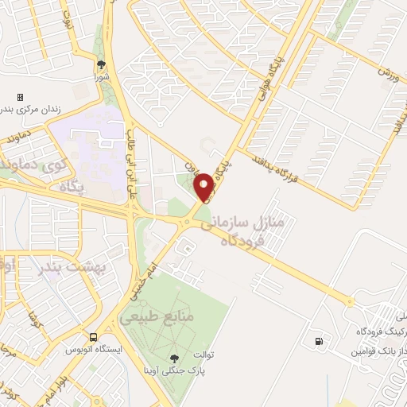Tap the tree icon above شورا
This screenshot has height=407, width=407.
101,65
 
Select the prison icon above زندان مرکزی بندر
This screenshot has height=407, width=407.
20,97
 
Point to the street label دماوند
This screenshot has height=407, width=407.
15,138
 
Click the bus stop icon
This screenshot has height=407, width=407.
94,337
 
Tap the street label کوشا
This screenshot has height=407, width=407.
35,320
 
